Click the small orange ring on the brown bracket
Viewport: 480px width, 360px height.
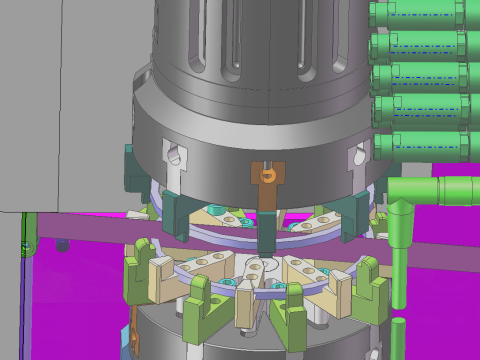(x=267, y=176)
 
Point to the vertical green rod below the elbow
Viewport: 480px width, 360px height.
(x=400, y=260)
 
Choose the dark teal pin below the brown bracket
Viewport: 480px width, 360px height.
(x=267, y=238)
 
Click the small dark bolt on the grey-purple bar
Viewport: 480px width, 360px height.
(x=63, y=244)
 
